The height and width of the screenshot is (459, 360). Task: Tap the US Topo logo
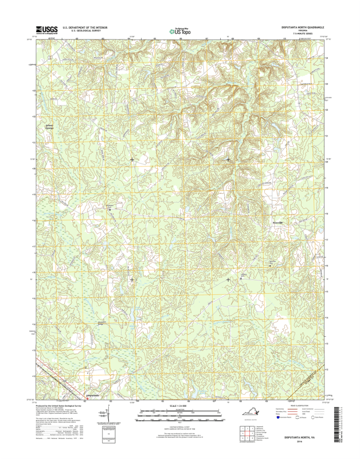[x=182, y=32]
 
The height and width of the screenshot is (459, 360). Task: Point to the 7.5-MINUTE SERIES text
[x=302, y=34]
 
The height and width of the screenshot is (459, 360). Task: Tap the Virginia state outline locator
[x=252, y=410]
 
